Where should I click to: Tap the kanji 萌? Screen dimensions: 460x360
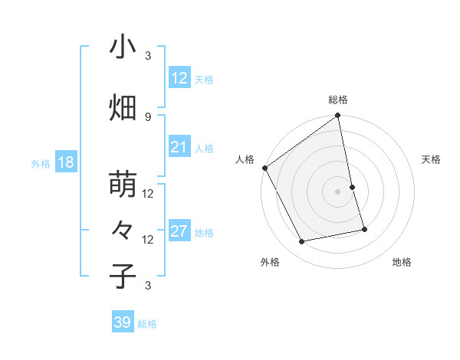[x=123, y=185]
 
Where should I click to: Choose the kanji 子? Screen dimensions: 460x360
[x=123, y=276]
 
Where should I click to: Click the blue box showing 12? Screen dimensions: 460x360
[x=179, y=77]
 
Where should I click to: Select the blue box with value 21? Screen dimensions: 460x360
[x=179, y=147]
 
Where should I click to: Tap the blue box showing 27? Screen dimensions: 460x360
[x=179, y=231]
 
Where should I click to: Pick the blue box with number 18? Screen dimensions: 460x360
[x=64, y=162]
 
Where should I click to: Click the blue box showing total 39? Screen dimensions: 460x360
[x=122, y=322]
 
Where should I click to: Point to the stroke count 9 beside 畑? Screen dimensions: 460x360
[x=148, y=116]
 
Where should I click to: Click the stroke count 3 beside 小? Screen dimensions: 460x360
[x=148, y=55]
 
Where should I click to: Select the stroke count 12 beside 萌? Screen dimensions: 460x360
[x=148, y=193]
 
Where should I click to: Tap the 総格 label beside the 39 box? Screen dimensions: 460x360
[x=147, y=324]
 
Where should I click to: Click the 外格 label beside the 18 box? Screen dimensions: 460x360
[x=41, y=163]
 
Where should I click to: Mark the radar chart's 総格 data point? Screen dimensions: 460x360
[x=337, y=116]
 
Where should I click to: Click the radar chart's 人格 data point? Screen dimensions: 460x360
[x=265, y=168]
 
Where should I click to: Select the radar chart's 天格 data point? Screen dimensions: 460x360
[x=352, y=187]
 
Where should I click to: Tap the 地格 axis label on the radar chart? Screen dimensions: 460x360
[x=402, y=262]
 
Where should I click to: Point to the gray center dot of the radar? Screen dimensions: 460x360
[x=337, y=191]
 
